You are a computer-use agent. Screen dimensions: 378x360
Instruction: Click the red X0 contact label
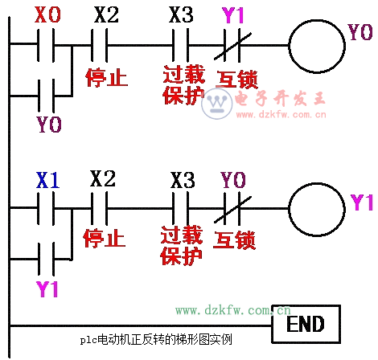(x=47, y=14)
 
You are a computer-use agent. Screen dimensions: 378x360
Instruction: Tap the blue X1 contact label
(x=47, y=180)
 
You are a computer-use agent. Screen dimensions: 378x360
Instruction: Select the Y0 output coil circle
(x=290, y=46)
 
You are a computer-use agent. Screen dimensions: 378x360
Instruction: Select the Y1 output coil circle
(x=290, y=210)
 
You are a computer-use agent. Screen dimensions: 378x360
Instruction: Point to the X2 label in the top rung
(x=106, y=14)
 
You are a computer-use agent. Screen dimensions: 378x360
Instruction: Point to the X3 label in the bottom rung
(x=183, y=180)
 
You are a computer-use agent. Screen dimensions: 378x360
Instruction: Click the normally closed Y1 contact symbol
(x=232, y=46)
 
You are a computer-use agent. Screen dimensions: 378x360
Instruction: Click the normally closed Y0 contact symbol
(x=232, y=209)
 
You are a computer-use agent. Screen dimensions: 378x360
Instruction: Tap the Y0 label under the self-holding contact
(x=49, y=125)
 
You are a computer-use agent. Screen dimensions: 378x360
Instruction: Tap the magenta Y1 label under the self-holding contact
(x=47, y=288)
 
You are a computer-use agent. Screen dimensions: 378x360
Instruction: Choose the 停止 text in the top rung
(x=106, y=78)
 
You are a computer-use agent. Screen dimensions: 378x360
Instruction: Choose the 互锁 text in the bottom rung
(x=234, y=240)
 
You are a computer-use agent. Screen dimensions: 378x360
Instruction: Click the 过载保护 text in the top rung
(x=184, y=84)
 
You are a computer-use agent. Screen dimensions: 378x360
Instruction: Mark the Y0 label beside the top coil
(x=360, y=32)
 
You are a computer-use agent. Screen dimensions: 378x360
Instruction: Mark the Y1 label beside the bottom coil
(x=362, y=202)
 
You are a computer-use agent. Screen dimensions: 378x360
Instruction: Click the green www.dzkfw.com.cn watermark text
(x=233, y=310)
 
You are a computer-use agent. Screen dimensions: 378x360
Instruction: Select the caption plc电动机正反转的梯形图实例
(x=156, y=340)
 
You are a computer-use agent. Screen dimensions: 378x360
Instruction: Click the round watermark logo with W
(x=216, y=104)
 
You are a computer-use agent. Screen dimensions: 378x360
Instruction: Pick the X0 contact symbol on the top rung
(x=46, y=45)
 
